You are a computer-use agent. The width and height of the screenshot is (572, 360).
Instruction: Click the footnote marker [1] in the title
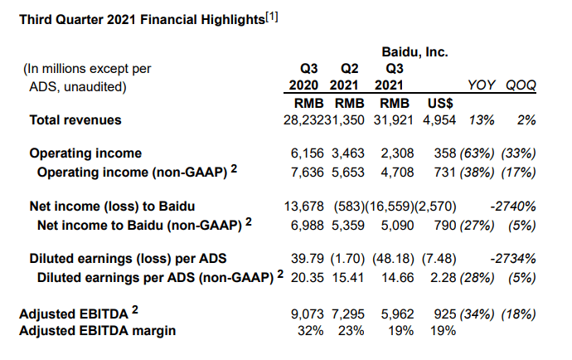[272, 17]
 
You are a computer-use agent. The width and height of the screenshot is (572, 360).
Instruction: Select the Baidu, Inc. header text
[414, 52]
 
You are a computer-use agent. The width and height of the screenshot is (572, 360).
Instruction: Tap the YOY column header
[482, 85]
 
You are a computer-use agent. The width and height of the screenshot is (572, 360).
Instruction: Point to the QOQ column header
[521, 85]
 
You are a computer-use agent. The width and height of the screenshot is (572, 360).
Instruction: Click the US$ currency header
[440, 104]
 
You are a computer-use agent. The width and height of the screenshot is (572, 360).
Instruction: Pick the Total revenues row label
[75, 120]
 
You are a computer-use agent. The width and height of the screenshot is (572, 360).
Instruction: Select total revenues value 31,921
[393, 120]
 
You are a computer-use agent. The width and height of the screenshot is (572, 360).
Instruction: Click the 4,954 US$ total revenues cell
[439, 120]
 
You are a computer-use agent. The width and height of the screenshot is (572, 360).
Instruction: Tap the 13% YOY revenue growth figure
[482, 120]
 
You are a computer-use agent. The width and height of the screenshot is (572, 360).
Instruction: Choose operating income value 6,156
[308, 153]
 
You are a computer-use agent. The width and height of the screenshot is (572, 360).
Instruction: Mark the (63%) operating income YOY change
[477, 153]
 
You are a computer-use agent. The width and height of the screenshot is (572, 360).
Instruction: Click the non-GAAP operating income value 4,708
[397, 173]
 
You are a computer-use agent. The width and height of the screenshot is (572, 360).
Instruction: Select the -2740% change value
[513, 207]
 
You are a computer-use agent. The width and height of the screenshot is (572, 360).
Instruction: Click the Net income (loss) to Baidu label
[112, 207]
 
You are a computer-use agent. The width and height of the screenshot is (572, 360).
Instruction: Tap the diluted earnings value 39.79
[308, 259]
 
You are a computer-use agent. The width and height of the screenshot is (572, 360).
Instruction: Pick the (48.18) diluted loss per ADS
[393, 259]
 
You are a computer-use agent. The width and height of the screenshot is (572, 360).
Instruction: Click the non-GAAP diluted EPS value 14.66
[398, 278]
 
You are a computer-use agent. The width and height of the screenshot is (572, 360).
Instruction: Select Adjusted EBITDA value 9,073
[308, 314]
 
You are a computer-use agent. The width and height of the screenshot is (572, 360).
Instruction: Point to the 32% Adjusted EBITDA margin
[310, 331]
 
